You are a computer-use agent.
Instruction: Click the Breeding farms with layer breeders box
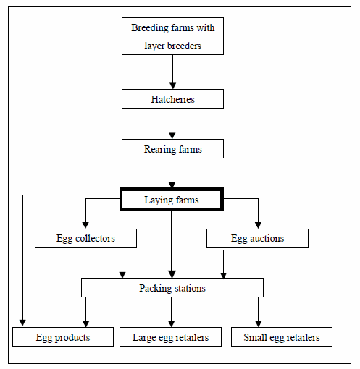[172, 36]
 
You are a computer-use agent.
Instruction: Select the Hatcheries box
[172, 99]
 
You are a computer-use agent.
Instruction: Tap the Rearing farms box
[172, 149]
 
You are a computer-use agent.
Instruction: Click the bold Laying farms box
[172, 200]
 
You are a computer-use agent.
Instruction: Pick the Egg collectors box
[85, 238]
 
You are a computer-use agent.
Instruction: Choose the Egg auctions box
[257, 238]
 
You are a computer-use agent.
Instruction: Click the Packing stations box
[172, 288]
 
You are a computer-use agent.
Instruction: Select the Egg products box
[63, 337]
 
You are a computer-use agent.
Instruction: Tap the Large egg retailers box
[170, 337]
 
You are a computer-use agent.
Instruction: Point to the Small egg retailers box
[282, 337]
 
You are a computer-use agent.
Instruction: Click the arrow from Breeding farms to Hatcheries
[172, 72]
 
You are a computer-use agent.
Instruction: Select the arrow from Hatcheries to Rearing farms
[172, 124]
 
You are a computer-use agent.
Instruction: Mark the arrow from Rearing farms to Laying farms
[172, 173]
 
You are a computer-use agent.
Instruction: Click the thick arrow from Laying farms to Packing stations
[172, 245]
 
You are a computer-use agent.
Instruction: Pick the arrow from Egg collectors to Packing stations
[122, 263]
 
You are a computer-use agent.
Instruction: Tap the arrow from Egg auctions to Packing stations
[223, 264]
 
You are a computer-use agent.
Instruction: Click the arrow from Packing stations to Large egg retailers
[172, 312]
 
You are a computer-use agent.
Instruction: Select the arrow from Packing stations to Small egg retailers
[259, 312]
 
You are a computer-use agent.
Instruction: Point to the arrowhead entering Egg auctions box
[258, 225]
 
